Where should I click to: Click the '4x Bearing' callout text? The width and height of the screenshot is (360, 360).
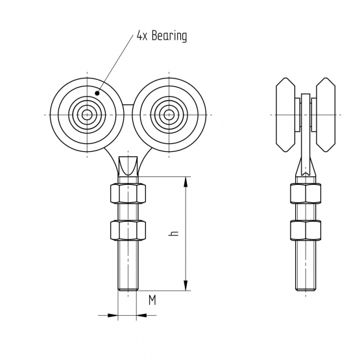(162, 36)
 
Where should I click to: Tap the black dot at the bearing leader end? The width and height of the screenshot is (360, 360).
(97, 93)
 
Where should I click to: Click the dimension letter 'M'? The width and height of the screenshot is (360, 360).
(152, 300)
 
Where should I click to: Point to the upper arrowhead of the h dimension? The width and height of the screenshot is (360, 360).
(186, 182)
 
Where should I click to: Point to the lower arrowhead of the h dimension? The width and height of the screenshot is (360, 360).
(186, 285)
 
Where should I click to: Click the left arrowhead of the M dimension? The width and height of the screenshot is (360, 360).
(113, 315)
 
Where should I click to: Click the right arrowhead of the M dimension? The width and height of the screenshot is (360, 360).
(141, 315)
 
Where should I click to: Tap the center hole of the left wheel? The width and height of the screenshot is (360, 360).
(87, 115)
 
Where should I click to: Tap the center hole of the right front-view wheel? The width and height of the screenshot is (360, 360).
(169, 115)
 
